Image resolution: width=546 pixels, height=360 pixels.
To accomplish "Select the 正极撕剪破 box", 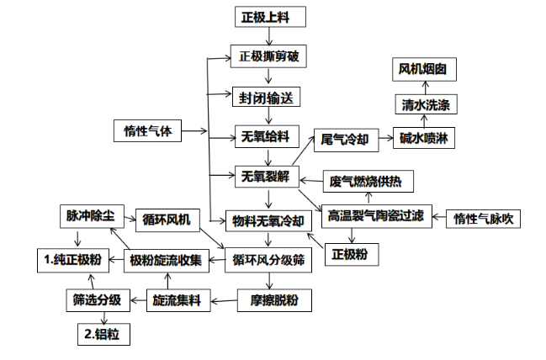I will tap(267, 57).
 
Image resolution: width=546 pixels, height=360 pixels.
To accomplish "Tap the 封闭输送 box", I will tap(267, 97).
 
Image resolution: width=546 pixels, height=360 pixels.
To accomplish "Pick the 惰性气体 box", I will tap(147, 130).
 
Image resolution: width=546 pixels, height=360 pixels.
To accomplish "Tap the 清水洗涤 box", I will tap(425, 104).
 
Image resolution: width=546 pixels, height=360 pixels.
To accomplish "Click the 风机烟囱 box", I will tap(425, 70).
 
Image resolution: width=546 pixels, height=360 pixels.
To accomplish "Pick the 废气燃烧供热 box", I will tap(368, 180).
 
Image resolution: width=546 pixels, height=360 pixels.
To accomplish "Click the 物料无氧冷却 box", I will tap(267, 220).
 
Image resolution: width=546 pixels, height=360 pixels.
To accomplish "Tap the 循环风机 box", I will tap(167, 220).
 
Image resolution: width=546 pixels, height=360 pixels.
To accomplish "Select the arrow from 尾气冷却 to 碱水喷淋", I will tap(383, 137).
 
